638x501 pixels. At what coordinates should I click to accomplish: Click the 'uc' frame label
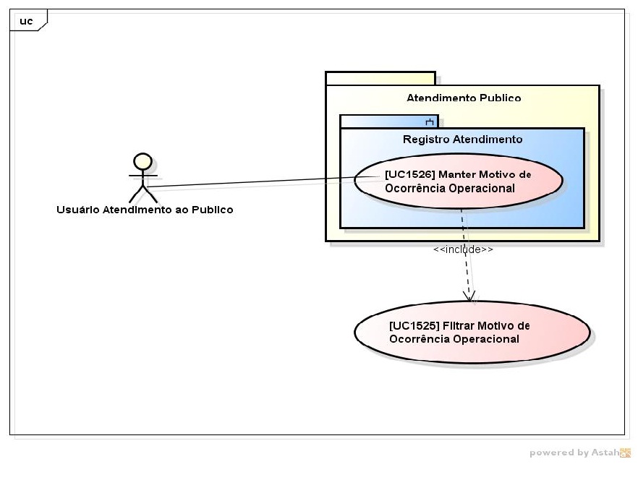[x=26, y=21]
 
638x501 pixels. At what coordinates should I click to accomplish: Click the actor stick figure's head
[x=143, y=161]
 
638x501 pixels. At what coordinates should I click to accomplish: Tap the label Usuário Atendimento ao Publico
[x=145, y=210]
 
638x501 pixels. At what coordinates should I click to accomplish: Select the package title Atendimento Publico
[x=464, y=98]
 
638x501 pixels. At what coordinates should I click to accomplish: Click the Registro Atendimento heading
[x=462, y=139]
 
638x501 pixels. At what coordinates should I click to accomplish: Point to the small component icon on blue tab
[x=429, y=121]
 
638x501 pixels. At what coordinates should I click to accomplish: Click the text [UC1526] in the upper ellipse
[x=410, y=174]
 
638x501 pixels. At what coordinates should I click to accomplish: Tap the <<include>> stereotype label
[x=463, y=249]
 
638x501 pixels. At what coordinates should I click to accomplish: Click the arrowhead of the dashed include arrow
[x=469, y=296]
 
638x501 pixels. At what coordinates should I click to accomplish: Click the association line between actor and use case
[x=253, y=181]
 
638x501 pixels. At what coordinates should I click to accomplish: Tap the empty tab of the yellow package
[x=380, y=78]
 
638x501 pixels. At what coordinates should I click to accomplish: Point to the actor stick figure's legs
[x=143, y=194]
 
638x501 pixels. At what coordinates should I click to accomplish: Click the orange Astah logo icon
[x=625, y=453]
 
